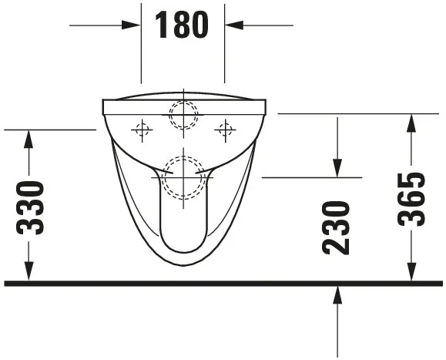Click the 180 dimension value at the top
(x=183, y=25)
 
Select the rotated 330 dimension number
(x=31, y=207)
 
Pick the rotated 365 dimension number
(x=412, y=199)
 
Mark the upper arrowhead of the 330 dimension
(x=29, y=139)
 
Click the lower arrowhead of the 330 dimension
(x=29, y=273)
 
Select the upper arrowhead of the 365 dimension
(x=412, y=123)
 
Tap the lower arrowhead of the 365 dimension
(x=412, y=273)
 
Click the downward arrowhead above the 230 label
(x=337, y=167)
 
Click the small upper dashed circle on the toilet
(x=183, y=113)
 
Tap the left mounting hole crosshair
(x=142, y=130)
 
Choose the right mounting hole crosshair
(x=225, y=130)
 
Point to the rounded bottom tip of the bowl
(x=183, y=265)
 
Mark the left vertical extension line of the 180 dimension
(x=141, y=46)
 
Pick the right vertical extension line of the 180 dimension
(x=225, y=46)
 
